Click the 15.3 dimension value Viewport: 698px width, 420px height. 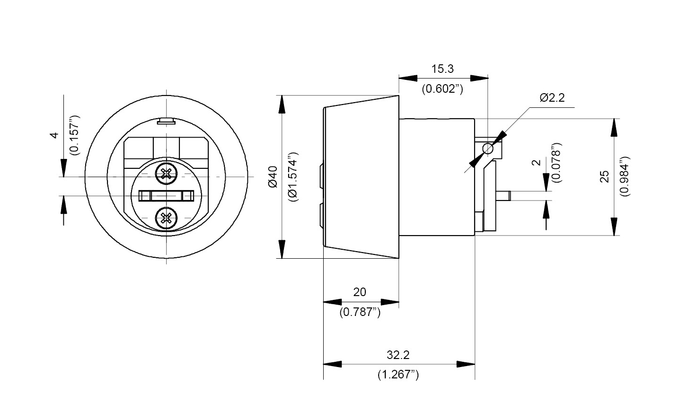(x=442, y=69)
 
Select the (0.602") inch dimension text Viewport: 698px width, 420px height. (x=442, y=88)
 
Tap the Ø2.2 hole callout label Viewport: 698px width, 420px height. (x=552, y=98)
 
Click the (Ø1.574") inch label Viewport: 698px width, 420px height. (x=293, y=177)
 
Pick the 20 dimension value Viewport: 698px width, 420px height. (x=360, y=292)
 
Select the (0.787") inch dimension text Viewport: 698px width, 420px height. (x=360, y=312)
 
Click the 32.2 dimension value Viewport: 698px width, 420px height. (x=398, y=355)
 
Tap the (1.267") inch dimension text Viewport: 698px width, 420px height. (x=398, y=375)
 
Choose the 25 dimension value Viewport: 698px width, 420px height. (x=604, y=176)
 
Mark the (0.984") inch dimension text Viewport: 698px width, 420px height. (x=624, y=176)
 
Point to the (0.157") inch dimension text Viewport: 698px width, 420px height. (x=75, y=135)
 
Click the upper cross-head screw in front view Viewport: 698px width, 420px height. (x=166, y=174)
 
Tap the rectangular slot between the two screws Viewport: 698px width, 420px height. (x=166, y=196)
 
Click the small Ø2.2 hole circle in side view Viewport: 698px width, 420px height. (x=488, y=149)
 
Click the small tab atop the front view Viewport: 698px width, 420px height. (x=166, y=122)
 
